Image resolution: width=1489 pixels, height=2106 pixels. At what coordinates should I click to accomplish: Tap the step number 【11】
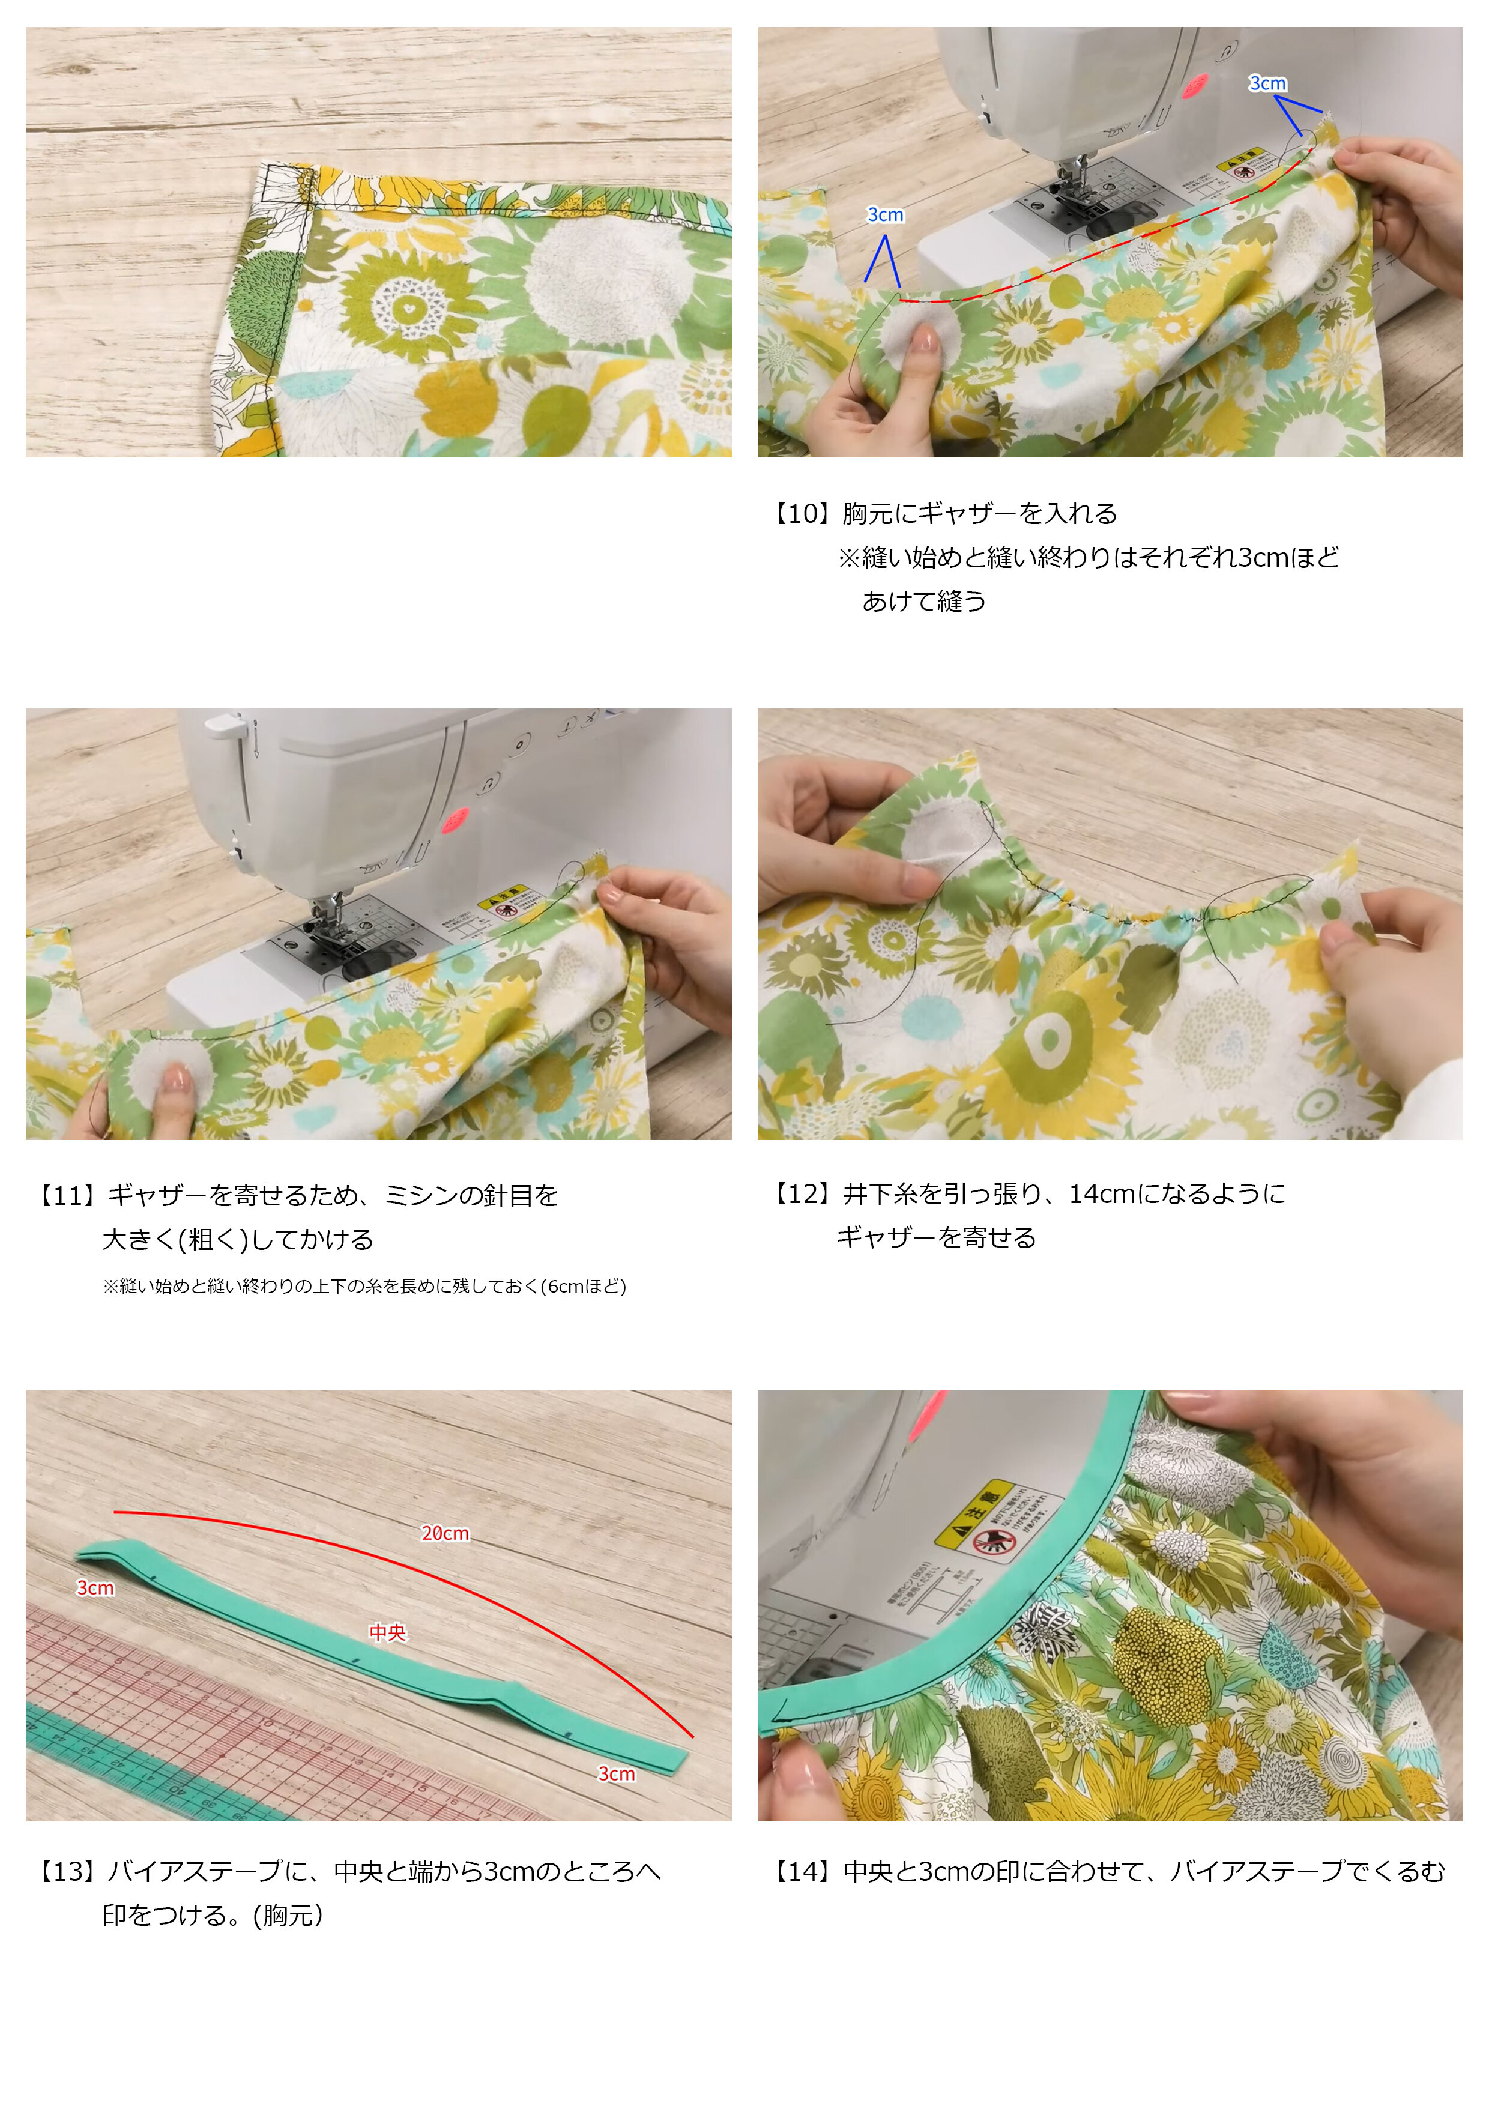click(x=70, y=1195)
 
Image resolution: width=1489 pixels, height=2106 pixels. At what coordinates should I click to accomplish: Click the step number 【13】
click(x=70, y=1871)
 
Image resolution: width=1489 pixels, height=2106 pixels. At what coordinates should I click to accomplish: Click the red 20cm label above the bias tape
click(x=445, y=1533)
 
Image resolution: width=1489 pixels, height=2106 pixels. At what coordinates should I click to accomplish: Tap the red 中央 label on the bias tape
click(x=387, y=1632)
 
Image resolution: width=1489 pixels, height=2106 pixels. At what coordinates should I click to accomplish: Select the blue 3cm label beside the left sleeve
click(x=886, y=215)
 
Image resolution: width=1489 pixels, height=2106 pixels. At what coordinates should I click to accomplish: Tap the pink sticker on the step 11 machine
click(x=456, y=819)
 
